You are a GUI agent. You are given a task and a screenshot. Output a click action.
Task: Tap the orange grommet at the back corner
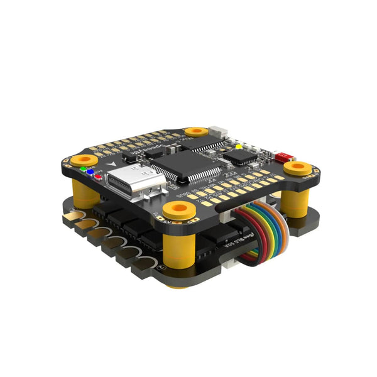click(x=197, y=131)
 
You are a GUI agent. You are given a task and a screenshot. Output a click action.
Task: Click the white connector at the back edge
click(x=218, y=133)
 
